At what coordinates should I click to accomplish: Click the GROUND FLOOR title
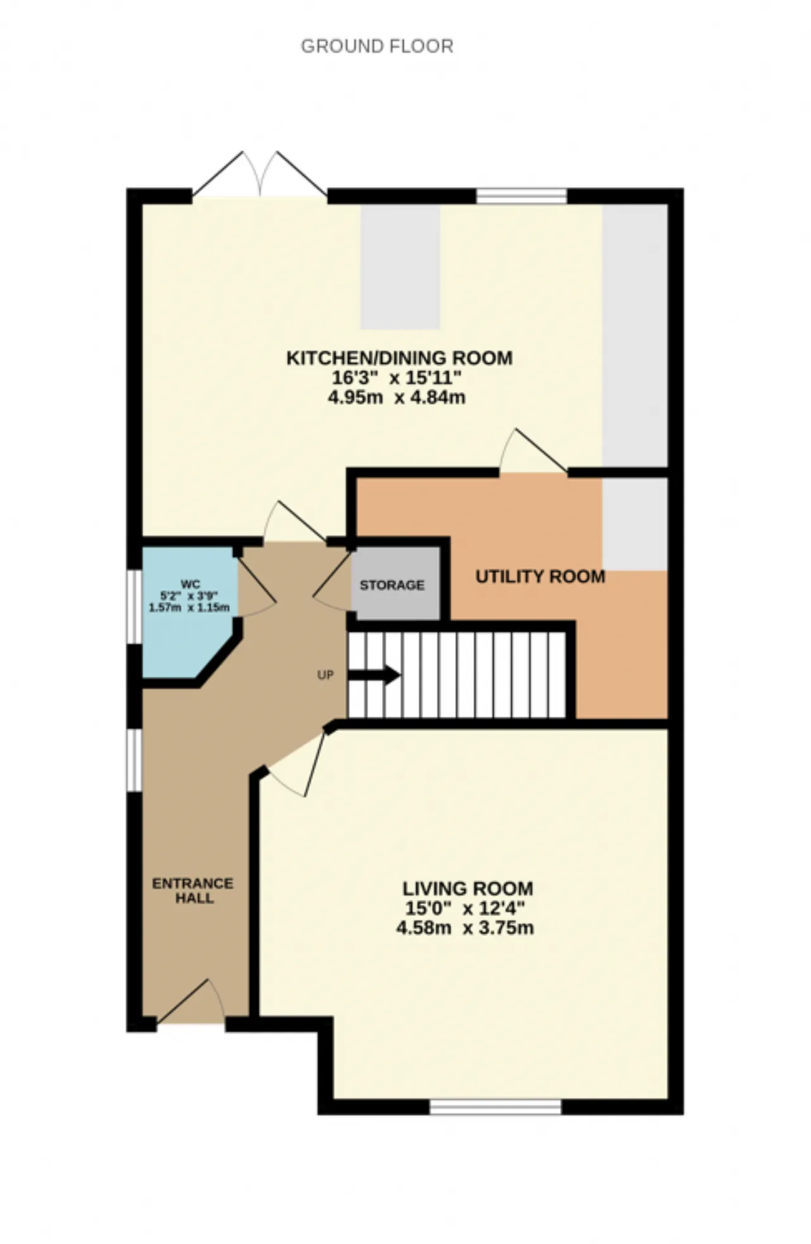[377, 46]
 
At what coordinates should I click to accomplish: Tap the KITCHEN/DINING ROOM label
[400, 358]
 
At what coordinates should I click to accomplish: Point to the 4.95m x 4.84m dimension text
[397, 398]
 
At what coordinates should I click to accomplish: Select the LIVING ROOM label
[468, 888]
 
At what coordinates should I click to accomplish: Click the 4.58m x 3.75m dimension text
[465, 928]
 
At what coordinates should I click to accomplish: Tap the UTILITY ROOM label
[540, 577]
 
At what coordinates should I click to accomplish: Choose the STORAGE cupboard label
[392, 585]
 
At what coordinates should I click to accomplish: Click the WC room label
[190, 584]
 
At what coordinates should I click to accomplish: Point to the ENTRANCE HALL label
[193, 890]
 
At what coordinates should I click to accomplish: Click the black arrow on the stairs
[374, 675]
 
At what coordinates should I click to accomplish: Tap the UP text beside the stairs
[325, 675]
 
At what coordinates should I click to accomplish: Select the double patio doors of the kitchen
[260, 174]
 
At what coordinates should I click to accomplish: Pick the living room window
[495, 1107]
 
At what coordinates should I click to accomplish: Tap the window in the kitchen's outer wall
[521, 196]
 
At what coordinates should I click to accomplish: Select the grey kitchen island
[400, 267]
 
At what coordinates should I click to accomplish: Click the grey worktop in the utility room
[635, 524]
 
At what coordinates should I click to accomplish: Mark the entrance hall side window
[134, 760]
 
